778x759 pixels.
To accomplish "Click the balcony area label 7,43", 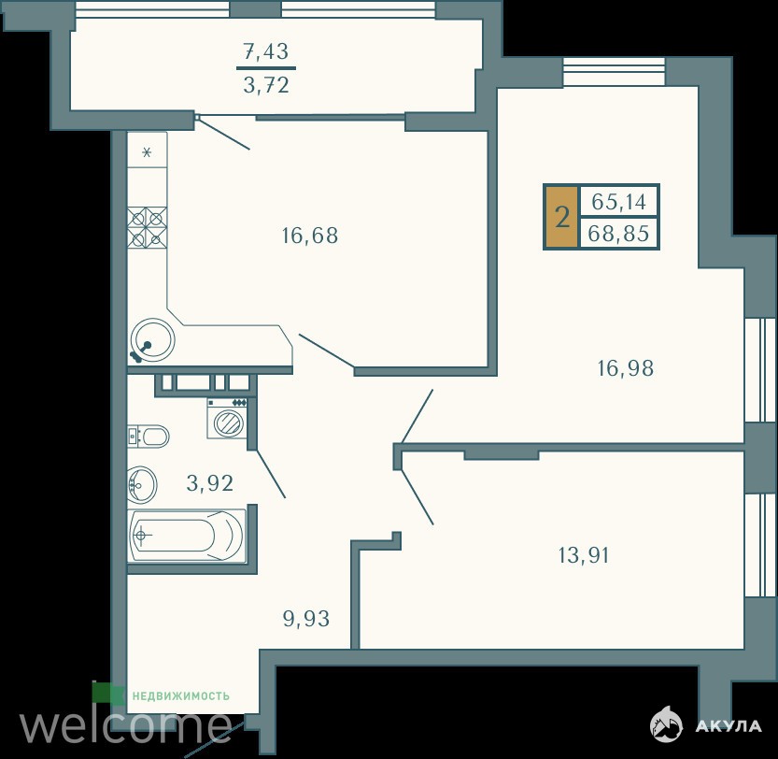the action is pos(266,50).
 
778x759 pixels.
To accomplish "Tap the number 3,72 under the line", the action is pos(266,85).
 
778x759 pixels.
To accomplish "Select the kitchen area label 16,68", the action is pos(310,235).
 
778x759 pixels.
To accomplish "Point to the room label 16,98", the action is pos(625,368).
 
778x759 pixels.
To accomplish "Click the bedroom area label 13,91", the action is pos(584,555).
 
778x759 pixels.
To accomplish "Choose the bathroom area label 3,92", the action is pos(209,482).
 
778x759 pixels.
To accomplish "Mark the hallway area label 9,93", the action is pos(306,619).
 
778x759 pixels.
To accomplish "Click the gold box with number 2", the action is pos(561,217).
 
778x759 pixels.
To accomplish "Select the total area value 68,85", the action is pos(618,233).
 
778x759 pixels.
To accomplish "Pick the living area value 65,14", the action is pos(618,202).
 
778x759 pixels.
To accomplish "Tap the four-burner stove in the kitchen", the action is pos(147,227).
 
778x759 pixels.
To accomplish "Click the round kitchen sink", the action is pos(152,340).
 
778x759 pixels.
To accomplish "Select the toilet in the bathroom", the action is pos(148,437).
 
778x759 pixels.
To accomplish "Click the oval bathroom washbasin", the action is pos(142,484).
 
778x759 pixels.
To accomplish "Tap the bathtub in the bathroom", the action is pos(187,536).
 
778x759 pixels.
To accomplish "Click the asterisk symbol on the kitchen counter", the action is pos(147,152).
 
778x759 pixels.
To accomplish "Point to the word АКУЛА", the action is pos(728,725).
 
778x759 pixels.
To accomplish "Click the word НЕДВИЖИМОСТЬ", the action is pos(180,696).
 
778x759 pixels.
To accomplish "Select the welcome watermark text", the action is pos(125,726).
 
